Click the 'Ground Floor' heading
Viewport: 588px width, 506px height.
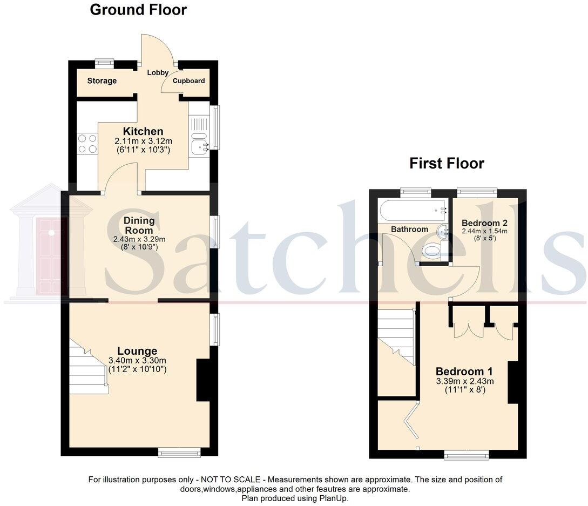coord(138,10)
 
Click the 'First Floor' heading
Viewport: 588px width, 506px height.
coord(447,163)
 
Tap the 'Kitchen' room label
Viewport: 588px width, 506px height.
coord(143,131)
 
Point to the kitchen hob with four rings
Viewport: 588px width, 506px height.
coord(87,143)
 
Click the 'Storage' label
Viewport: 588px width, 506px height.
coord(102,81)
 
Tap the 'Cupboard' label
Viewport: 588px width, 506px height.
coord(189,81)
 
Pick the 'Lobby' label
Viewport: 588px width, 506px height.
coord(158,72)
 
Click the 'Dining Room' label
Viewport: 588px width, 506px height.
coord(139,225)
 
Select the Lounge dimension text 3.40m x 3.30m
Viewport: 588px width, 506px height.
coord(138,361)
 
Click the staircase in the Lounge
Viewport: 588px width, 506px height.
coord(89,367)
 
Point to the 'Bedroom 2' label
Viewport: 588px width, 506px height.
coord(484,222)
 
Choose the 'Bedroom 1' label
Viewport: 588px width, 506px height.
coord(464,372)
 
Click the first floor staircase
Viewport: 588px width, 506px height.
coord(396,335)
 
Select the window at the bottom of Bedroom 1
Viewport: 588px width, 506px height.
coord(467,455)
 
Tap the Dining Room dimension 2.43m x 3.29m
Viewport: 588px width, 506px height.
coord(139,239)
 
